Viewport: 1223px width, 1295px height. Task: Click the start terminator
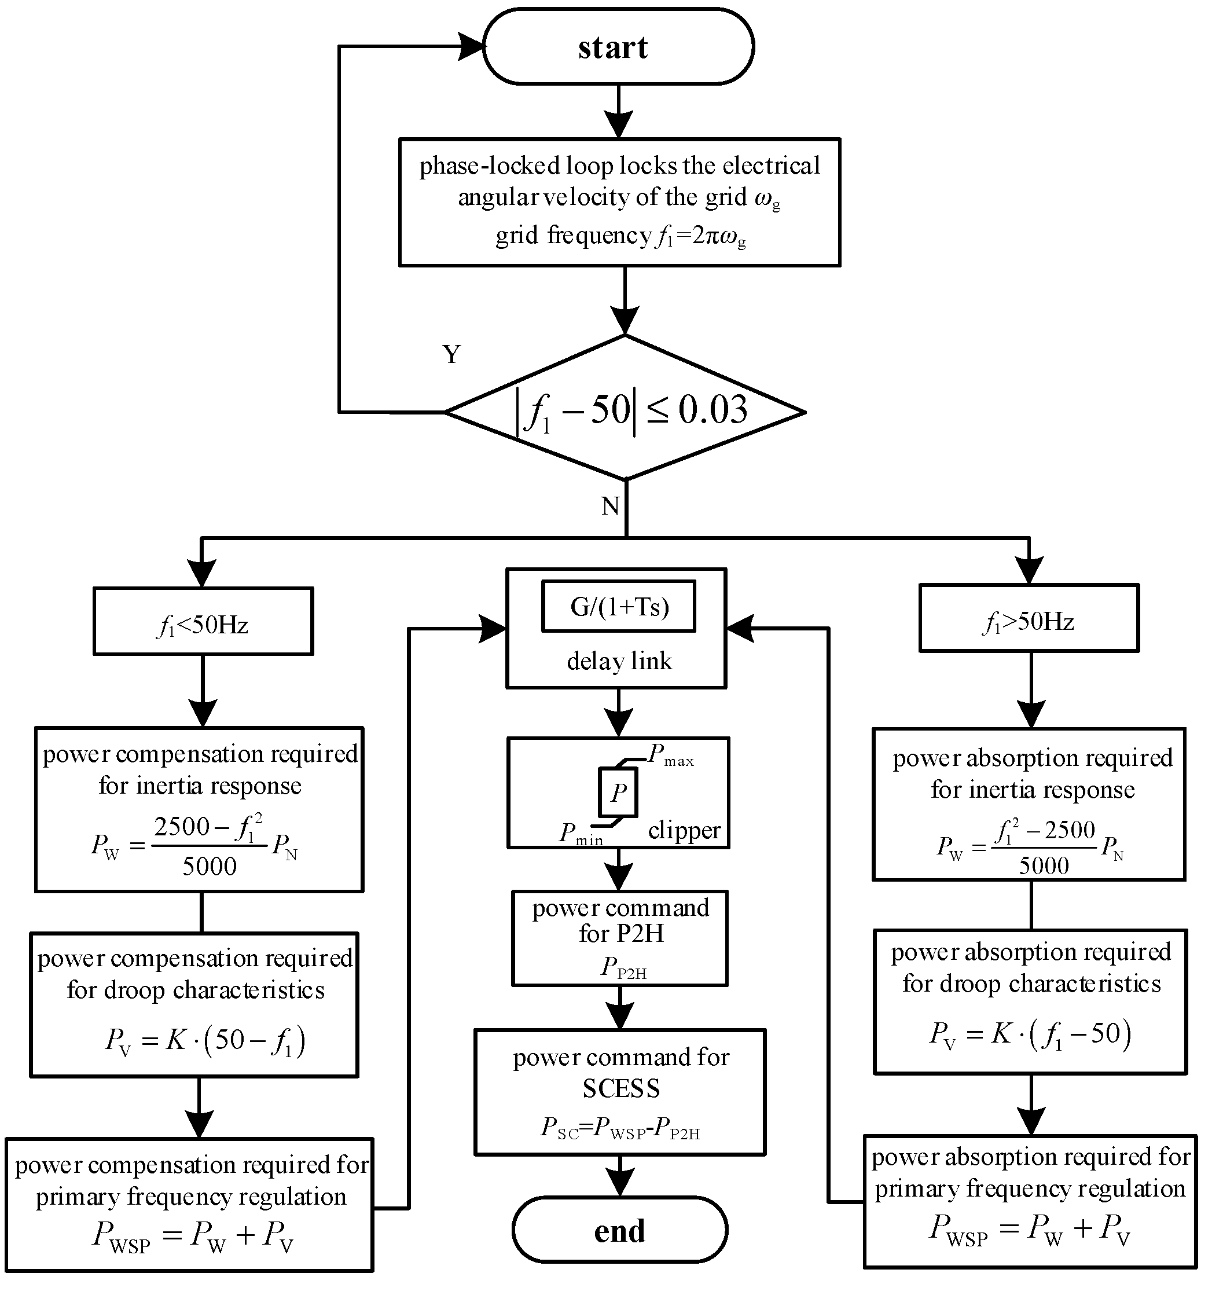pos(618,47)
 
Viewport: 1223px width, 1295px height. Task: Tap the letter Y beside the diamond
pos(451,354)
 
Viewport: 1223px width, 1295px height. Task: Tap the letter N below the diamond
pos(610,506)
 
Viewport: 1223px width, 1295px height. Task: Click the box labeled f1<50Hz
pos(203,621)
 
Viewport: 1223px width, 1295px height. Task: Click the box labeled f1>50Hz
pos(1029,618)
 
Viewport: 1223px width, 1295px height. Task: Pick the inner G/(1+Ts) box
pos(619,607)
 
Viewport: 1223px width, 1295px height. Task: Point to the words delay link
pos(619,661)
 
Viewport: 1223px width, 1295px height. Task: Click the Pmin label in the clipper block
pos(580,834)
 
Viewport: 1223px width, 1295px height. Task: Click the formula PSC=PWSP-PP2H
pos(619,1128)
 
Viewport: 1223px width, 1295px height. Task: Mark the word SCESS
pos(620,1088)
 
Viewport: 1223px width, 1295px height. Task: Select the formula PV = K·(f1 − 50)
pos(1030,1034)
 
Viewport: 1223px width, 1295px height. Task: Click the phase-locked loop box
pos(619,202)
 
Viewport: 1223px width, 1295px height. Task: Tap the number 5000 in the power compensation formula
pos(210,867)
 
